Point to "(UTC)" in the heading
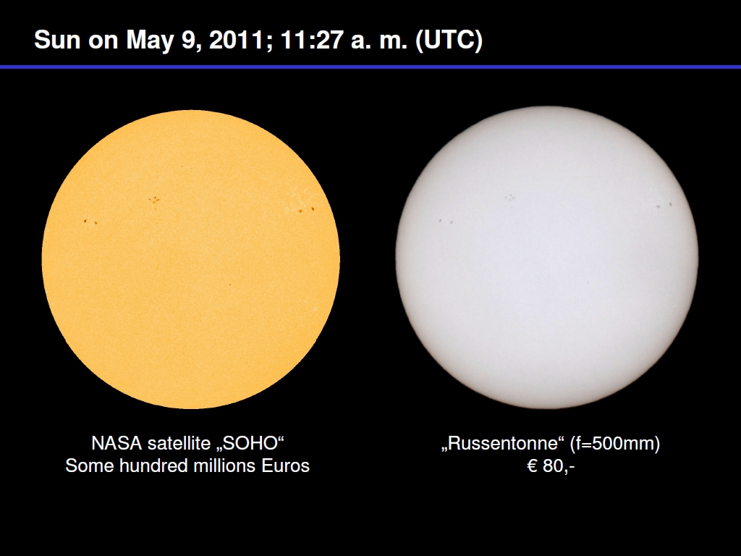pos(449,40)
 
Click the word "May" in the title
pos(151,41)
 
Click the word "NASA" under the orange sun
pos(117,444)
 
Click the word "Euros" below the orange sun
pos(285,466)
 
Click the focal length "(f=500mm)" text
pos(615,444)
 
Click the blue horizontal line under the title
pos(370,67)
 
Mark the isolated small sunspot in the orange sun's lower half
pos(230,285)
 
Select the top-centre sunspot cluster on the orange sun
pos(154,200)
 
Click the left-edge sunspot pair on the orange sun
pos(90,222)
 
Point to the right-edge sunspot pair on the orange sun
pos(306,209)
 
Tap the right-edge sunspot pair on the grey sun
pos(664,205)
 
